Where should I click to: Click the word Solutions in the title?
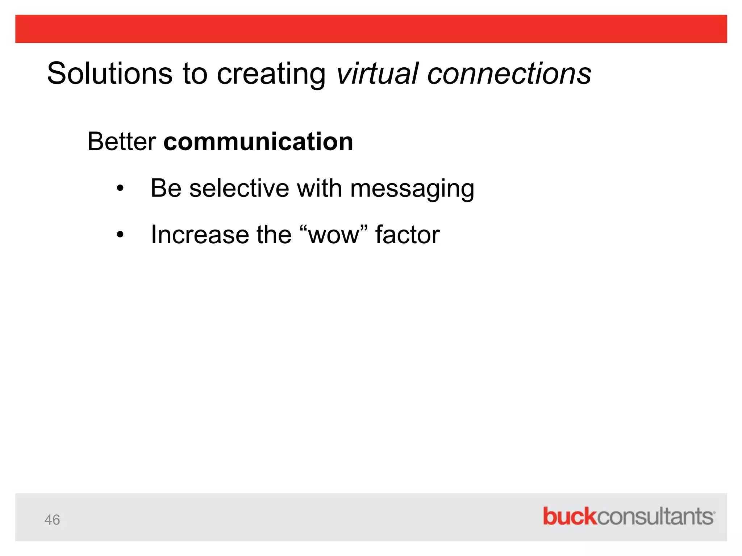pos(110,73)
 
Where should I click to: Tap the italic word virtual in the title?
pos(377,73)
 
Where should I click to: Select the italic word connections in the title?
pos(509,73)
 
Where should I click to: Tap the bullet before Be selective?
pos(120,188)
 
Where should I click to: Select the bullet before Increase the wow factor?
pos(120,235)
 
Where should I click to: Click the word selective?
pos(239,188)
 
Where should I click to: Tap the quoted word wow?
pos(334,235)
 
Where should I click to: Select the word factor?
pos(407,235)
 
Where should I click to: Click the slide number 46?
pos(52,520)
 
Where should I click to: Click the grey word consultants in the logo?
pos(655,517)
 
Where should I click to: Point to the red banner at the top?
pos(371,29)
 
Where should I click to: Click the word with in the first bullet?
pos(319,188)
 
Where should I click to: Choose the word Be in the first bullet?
pos(166,188)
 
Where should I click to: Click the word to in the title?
pos(195,74)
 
